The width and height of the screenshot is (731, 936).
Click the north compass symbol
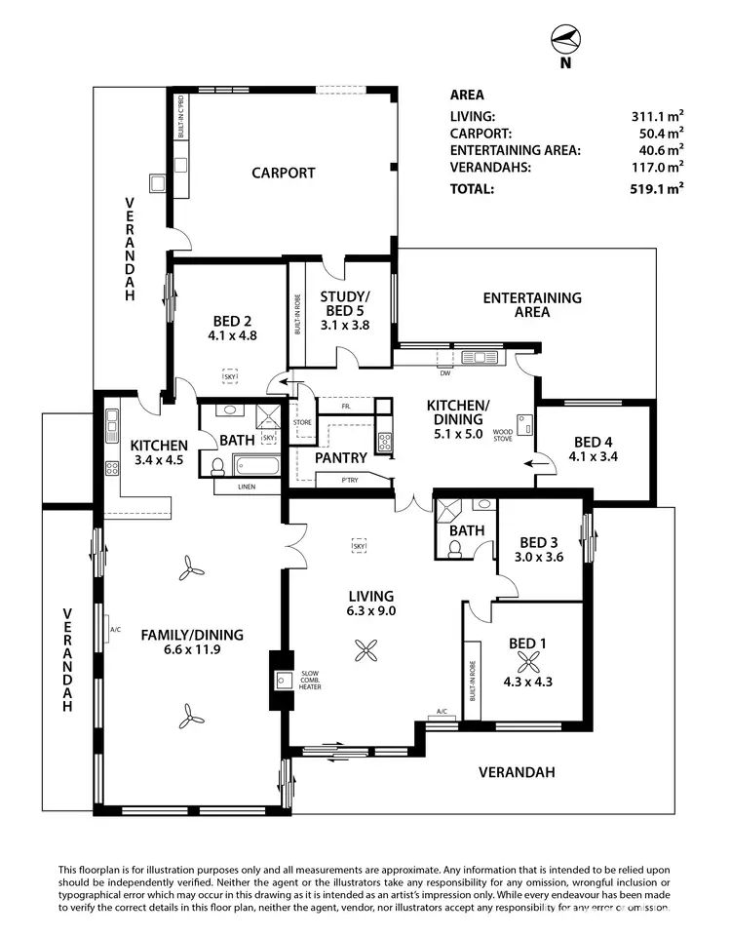point(564,41)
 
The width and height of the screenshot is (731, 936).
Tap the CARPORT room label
point(284,174)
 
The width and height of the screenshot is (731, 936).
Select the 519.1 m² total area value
point(656,189)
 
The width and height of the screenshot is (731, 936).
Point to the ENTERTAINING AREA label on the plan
point(532,305)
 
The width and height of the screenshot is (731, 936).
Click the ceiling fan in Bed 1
point(528,662)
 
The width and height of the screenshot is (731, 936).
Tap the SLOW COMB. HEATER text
point(311,681)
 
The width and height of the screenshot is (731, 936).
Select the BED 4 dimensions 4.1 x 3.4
point(594,455)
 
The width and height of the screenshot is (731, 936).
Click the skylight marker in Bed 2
point(231,376)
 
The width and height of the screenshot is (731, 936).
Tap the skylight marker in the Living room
point(360,546)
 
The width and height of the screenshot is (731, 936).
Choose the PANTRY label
point(340,457)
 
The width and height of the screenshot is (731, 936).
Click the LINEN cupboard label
point(248,485)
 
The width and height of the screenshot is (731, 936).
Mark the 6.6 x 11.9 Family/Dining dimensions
point(192,650)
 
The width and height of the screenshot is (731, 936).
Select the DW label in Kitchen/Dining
point(444,373)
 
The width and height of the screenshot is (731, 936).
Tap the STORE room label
point(302,422)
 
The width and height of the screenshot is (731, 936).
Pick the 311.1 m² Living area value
point(656,116)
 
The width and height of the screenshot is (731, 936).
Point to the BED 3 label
point(539,543)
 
